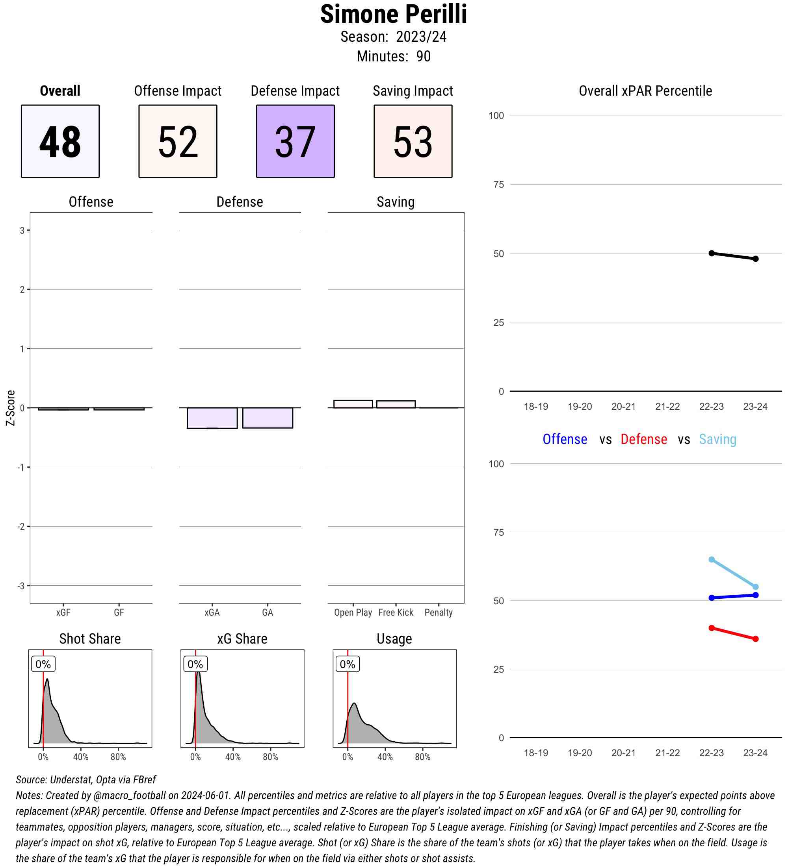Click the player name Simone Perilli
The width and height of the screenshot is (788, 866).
coord(393,14)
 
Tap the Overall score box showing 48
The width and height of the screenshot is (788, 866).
coord(60,141)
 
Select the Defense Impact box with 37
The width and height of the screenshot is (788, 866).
coord(295,141)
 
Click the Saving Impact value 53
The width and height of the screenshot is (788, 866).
coord(413,141)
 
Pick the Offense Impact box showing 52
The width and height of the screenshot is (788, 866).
coord(178,141)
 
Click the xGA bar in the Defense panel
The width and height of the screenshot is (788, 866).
coord(212,418)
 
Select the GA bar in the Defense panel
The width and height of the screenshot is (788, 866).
coord(268,418)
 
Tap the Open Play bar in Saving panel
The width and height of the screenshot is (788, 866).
coord(353,404)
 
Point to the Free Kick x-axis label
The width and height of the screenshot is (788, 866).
coord(396,612)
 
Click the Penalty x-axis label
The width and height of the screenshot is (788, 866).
coord(439,612)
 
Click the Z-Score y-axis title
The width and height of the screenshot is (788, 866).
coord(10,408)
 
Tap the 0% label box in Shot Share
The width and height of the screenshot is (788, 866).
coord(43,664)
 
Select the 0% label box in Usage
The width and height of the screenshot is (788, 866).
coord(348,664)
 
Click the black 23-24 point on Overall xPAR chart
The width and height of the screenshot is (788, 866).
coord(755,259)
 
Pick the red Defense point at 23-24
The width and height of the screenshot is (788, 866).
coord(755,639)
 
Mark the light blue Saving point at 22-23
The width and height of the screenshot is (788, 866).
coord(712,559)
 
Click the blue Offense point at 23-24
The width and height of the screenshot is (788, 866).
coord(755,595)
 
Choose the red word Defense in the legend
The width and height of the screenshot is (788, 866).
coord(643,439)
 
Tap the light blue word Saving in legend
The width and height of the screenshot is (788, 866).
coord(717,439)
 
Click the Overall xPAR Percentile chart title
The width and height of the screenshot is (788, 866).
coord(645,91)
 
